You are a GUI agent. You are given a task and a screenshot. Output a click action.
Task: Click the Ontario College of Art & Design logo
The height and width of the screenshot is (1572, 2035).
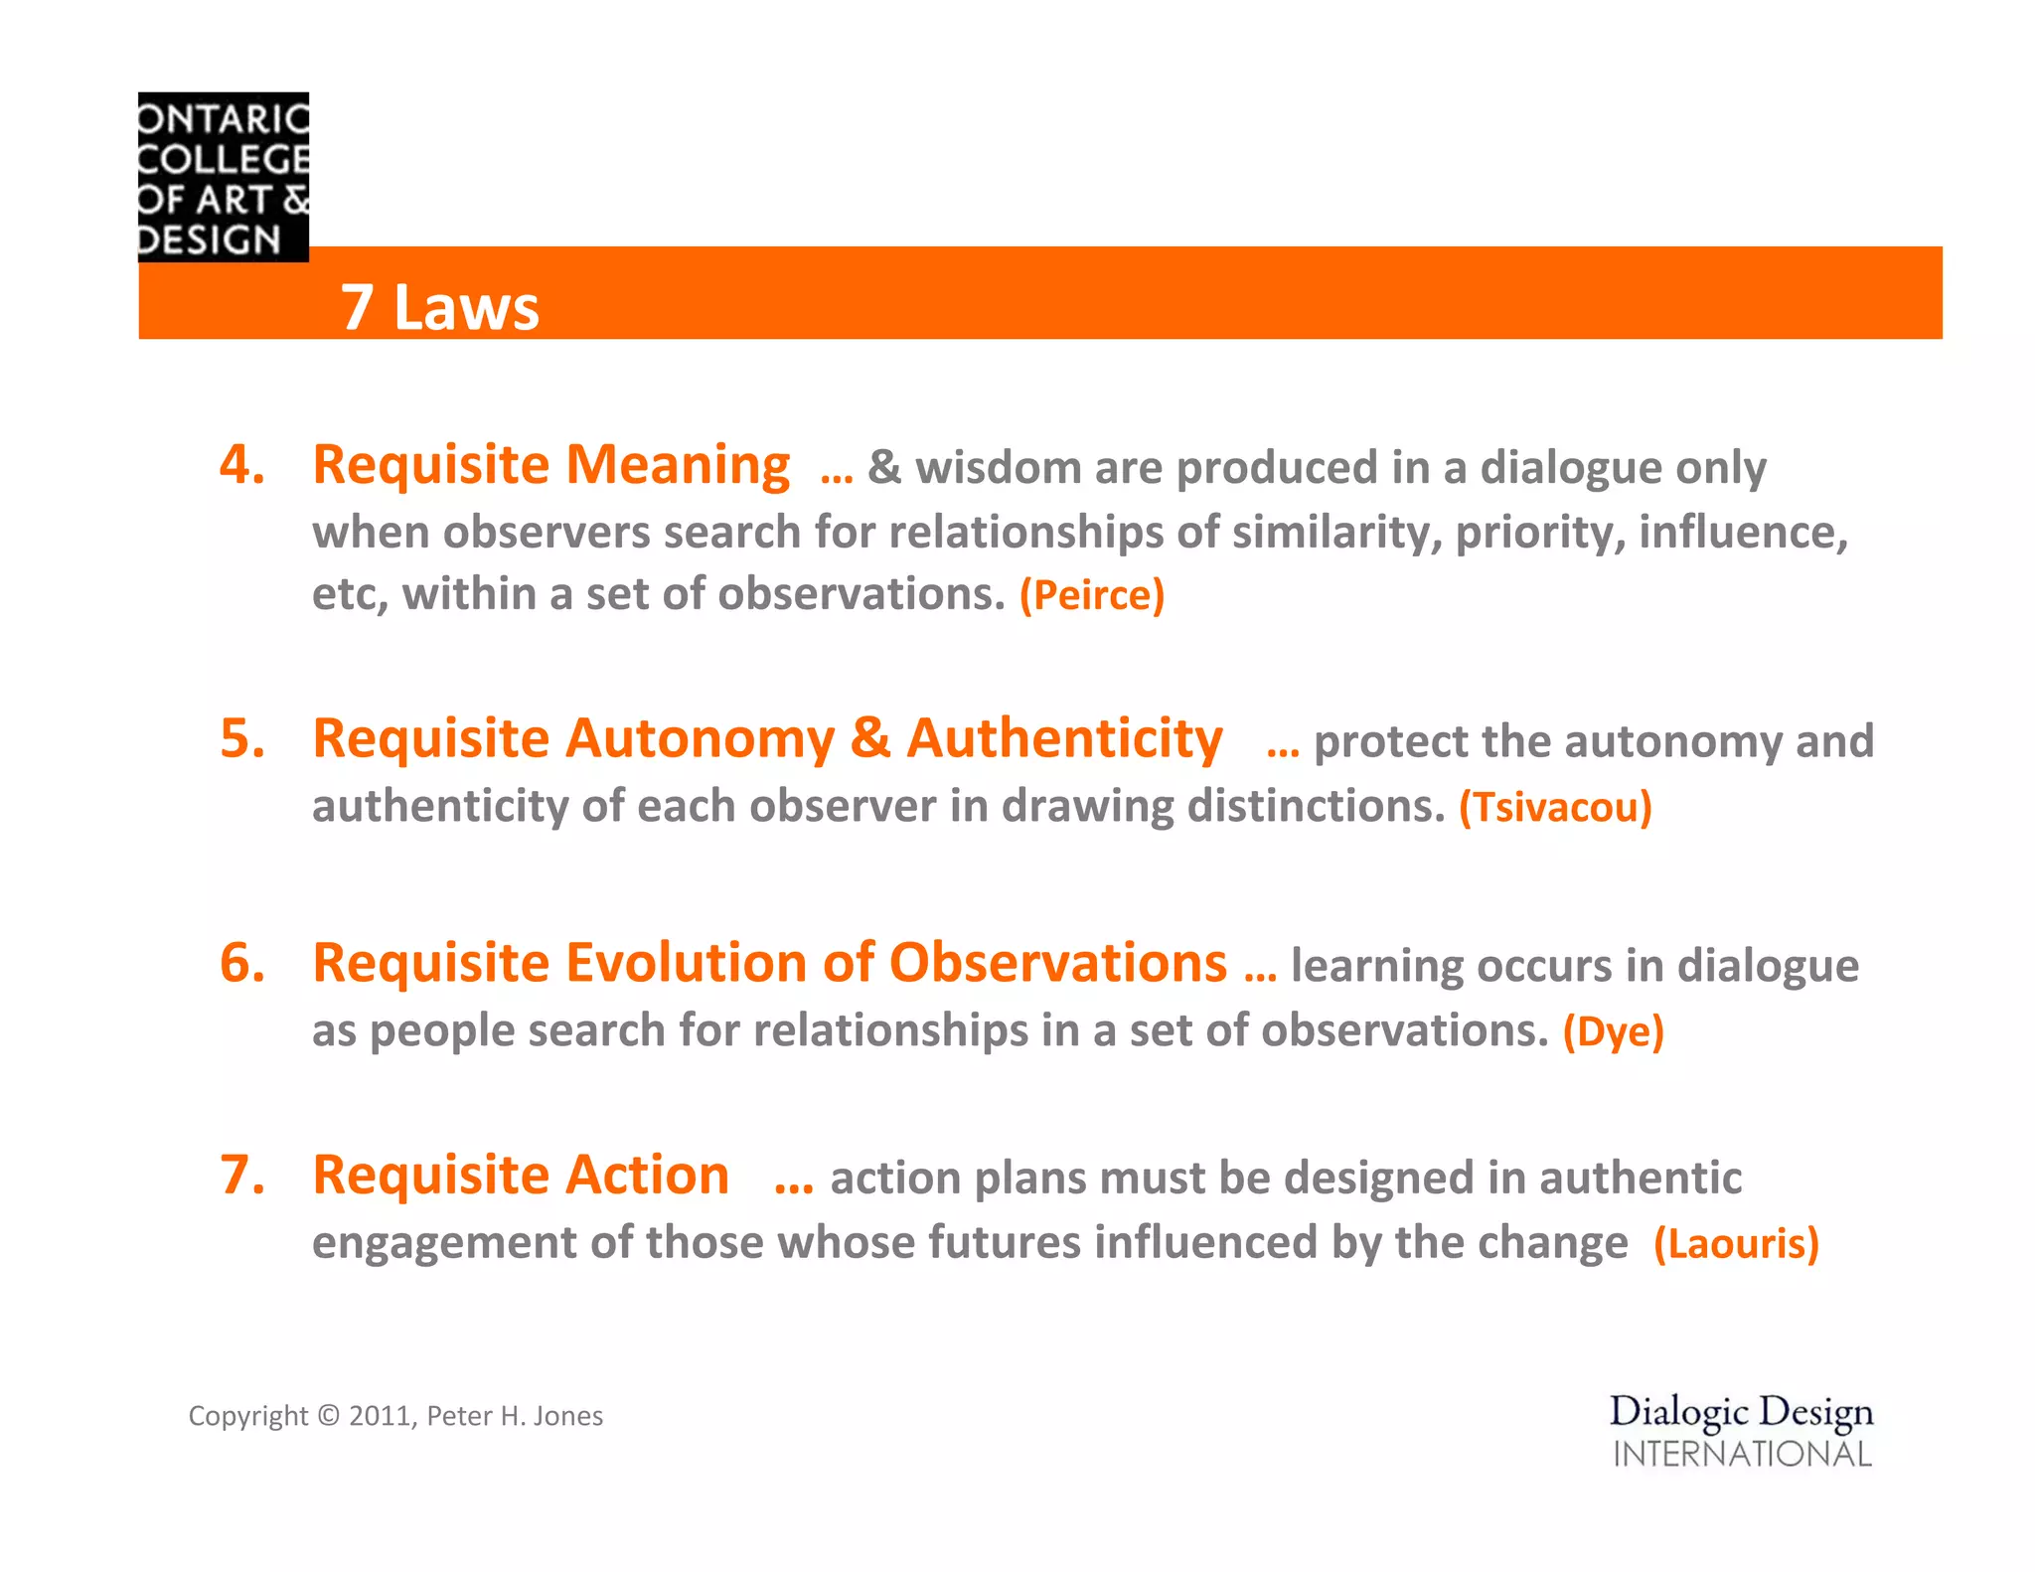[224, 177]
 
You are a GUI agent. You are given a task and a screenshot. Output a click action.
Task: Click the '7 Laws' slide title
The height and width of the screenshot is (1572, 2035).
[439, 307]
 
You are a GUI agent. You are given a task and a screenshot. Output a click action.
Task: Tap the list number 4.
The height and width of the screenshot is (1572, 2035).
[242, 465]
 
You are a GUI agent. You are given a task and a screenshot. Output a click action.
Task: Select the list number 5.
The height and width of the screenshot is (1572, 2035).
[242, 739]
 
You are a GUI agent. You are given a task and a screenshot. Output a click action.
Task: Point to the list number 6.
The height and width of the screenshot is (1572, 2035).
[242, 964]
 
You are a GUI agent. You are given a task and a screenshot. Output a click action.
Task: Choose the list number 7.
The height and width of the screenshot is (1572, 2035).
[242, 1176]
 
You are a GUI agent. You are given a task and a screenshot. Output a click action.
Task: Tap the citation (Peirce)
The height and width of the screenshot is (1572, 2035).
[1091, 595]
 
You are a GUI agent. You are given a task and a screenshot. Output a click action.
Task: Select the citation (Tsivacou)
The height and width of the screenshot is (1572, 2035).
[1555, 807]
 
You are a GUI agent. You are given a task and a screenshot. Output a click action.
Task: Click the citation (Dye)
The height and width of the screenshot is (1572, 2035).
[1613, 1031]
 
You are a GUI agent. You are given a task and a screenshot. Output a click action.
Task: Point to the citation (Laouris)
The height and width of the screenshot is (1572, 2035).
[1736, 1244]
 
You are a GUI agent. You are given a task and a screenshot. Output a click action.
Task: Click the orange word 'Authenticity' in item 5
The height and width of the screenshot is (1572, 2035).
[1064, 739]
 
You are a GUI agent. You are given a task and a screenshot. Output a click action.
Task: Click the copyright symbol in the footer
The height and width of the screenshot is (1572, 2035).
[328, 1416]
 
